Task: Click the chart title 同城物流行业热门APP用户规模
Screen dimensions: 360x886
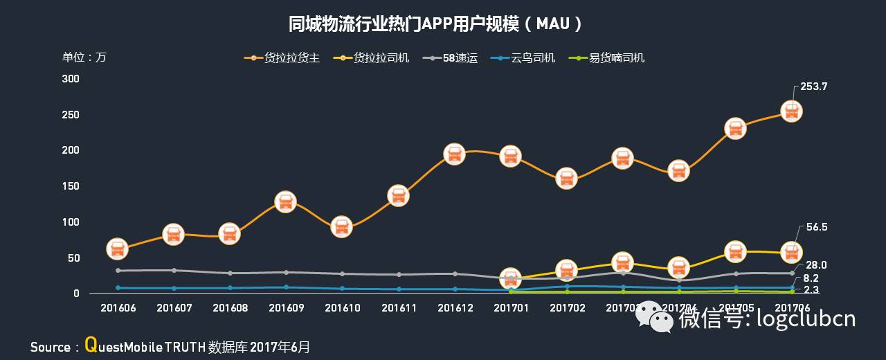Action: point(435,24)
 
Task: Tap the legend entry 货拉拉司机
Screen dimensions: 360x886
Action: point(381,58)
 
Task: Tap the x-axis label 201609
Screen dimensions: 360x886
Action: point(286,307)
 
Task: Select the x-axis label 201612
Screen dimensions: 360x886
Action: point(454,307)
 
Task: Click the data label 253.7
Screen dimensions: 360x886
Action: point(814,87)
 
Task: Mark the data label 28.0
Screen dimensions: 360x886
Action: point(815,265)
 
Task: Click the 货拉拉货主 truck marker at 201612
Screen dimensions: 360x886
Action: point(454,154)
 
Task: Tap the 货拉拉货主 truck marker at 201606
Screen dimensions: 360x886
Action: point(117,249)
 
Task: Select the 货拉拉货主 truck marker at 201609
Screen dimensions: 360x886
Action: point(285,202)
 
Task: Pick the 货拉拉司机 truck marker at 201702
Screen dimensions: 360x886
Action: point(566,269)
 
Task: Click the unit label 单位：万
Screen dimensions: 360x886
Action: point(84,57)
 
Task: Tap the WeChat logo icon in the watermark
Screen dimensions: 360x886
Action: point(654,317)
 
